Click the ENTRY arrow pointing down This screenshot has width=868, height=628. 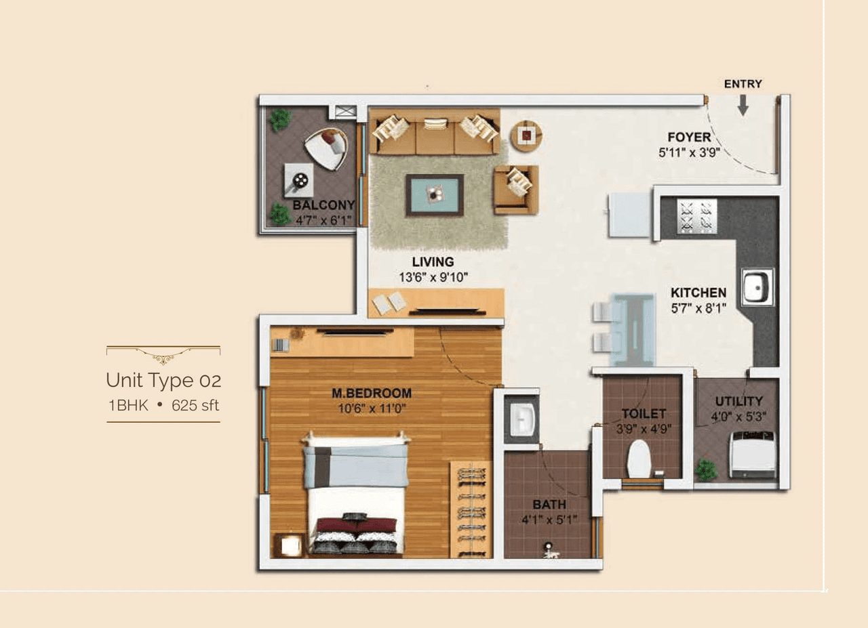tap(743, 104)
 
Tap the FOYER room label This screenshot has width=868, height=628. tap(689, 138)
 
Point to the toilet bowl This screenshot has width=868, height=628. tap(638, 459)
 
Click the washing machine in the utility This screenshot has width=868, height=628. tap(752, 454)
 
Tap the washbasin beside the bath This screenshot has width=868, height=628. tap(522, 419)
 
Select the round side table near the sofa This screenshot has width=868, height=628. tap(526, 135)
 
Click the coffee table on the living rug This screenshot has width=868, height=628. tap(435, 195)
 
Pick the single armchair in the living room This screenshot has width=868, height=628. tap(516, 188)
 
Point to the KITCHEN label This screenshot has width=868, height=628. tap(698, 293)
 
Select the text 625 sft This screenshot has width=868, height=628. tap(196, 406)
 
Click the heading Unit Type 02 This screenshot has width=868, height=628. tap(163, 380)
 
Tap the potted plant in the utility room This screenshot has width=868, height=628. tap(706, 469)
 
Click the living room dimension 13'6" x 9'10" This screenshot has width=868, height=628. tap(433, 276)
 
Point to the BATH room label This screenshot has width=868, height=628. tap(549, 505)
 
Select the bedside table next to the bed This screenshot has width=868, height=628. tap(290, 545)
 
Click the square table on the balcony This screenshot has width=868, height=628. tap(298, 180)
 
